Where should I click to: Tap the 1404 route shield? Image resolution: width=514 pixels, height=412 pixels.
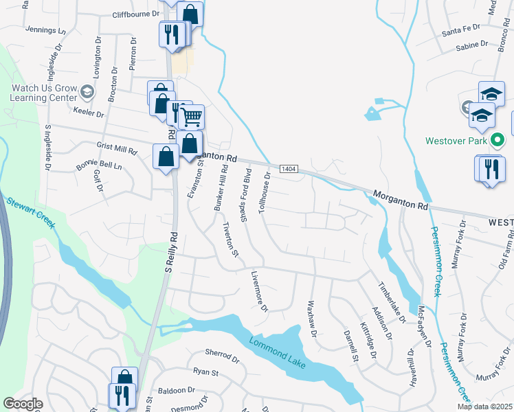coord(289,169)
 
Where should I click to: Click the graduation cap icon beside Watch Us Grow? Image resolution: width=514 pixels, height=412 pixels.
coord(87,91)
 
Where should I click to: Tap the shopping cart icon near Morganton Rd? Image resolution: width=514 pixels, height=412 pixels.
coord(192,117)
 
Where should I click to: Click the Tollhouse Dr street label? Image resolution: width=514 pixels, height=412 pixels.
coord(265,193)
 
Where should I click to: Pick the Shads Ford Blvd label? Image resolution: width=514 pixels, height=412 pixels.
coord(245,194)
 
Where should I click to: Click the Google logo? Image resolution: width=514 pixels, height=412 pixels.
coord(23,404)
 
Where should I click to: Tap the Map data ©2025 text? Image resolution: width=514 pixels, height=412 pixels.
coord(484,407)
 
